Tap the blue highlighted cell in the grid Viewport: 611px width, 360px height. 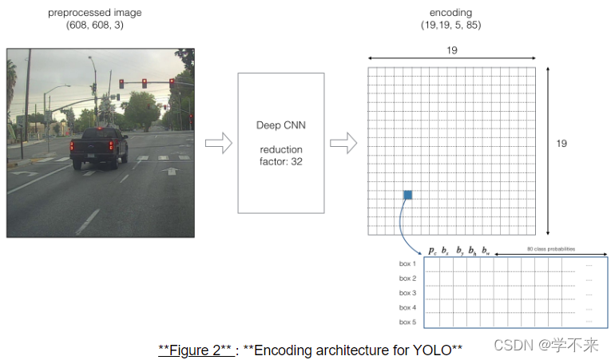pos(407,195)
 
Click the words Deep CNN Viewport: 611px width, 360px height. pos(280,126)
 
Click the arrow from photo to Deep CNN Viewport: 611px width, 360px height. pos(218,144)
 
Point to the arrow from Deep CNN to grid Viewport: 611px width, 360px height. pos(343,144)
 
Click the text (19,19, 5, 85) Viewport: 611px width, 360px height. pos(450,26)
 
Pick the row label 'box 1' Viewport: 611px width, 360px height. pos(407,263)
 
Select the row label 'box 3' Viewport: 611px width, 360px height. pos(407,293)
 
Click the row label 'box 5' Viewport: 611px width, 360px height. pos(407,322)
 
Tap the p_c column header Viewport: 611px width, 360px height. pos(431,251)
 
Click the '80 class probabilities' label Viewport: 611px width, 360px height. pos(550,249)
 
